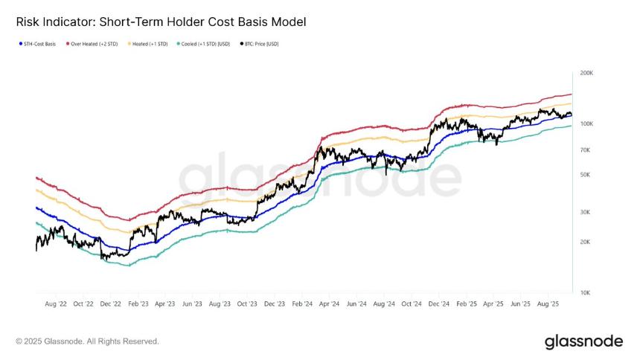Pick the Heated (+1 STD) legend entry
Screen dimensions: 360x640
[x=151, y=44]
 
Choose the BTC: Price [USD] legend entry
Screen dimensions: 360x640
[x=263, y=44]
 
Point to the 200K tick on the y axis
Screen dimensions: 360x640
[x=586, y=74]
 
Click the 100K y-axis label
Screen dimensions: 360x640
[x=586, y=123]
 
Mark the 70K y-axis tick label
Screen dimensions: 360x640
[x=584, y=150]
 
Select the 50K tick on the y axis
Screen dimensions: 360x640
[x=584, y=175]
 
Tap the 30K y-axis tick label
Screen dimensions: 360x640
[x=584, y=213]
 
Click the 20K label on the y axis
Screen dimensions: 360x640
[x=584, y=242]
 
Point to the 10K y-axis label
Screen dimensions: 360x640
[x=584, y=292]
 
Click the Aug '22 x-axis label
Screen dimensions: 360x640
[x=57, y=304]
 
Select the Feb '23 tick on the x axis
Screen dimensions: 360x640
[x=138, y=304]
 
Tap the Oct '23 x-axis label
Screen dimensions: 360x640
[x=247, y=304]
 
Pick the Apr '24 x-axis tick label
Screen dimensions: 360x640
[x=329, y=304]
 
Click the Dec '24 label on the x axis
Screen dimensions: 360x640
[x=439, y=304]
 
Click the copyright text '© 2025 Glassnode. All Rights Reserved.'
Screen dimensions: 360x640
[x=87, y=341]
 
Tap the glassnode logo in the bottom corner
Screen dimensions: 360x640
[x=583, y=341]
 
